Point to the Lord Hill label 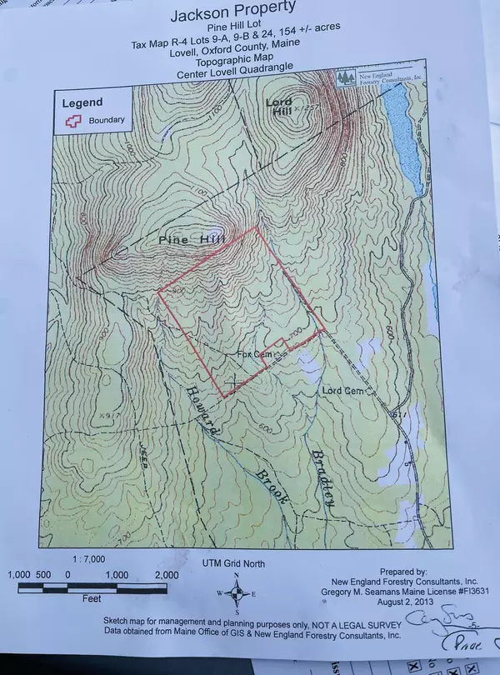[280, 104]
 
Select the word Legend [82, 102]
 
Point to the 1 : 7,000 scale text [88, 560]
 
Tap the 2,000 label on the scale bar [167, 575]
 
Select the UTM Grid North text [234, 564]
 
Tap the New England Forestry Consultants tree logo [347, 78]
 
